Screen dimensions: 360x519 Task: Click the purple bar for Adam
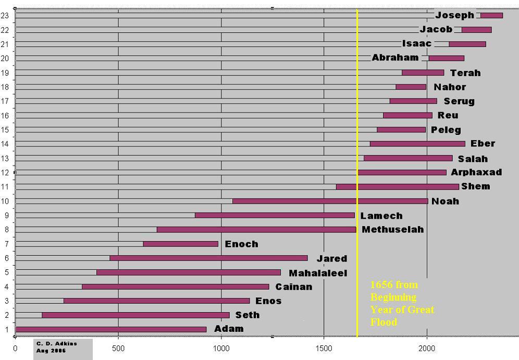[x=111, y=329]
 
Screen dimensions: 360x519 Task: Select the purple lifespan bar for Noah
[x=330, y=201]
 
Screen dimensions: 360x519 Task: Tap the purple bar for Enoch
[x=181, y=244]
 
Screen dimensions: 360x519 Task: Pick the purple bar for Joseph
[x=491, y=16]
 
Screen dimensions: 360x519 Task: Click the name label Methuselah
[x=392, y=230]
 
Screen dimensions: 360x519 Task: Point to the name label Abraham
[x=395, y=58]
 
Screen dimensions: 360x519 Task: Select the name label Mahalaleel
[x=318, y=273]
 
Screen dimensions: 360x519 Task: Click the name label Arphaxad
[x=476, y=172]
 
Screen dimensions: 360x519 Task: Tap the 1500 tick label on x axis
[x=324, y=348]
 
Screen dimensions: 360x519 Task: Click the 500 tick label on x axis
[x=118, y=348]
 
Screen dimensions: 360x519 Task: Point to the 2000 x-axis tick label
[x=427, y=348]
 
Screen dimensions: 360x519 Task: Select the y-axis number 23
[x=5, y=16]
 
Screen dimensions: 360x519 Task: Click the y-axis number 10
[x=5, y=201]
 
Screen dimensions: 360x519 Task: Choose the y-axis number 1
[x=6, y=329]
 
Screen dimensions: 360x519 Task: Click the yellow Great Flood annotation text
[x=402, y=304]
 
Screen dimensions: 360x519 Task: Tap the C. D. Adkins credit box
[x=63, y=347]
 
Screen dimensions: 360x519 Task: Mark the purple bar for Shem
[x=398, y=187]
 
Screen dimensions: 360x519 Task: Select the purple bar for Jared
[x=208, y=258]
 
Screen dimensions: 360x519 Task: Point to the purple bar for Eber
[x=417, y=144]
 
